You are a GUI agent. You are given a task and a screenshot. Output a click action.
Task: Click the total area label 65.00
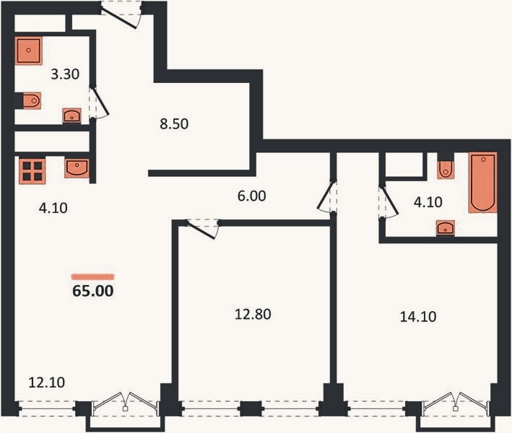(x=93, y=291)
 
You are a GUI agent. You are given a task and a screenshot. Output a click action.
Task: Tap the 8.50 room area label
(x=174, y=124)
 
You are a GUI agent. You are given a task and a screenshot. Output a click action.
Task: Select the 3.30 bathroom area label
(x=65, y=74)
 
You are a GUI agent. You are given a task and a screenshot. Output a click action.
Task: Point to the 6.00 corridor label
(x=251, y=196)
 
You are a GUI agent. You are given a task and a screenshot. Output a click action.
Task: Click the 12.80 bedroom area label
(x=253, y=314)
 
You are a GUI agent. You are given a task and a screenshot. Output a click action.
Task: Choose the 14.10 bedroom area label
(x=418, y=317)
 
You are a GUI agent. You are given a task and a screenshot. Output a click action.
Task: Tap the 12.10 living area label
(x=46, y=382)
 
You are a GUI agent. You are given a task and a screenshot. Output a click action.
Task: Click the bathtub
(x=483, y=183)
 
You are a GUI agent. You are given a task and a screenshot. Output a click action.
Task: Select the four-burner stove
(x=32, y=170)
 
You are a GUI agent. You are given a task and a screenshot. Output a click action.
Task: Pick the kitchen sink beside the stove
(x=77, y=168)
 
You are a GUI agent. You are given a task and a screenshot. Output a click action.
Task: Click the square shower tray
(x=29, y=51)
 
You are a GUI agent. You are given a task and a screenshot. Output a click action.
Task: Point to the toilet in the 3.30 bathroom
(x=31, y=100)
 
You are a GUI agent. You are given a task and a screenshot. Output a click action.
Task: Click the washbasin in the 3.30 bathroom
(x=71, y=116)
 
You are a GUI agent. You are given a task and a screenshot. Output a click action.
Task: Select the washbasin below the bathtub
(x=445, y=228)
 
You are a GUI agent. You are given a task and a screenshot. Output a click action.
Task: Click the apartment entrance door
(x=121, y=15)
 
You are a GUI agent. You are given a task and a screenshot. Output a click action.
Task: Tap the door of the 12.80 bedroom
(x=202, y=229)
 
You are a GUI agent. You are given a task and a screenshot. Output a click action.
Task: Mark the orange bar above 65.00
(x=93, y=277)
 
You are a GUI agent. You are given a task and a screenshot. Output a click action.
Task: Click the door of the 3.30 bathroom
(x=99, y=102)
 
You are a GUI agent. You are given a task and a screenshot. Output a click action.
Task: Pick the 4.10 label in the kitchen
(x=53, y=208)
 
